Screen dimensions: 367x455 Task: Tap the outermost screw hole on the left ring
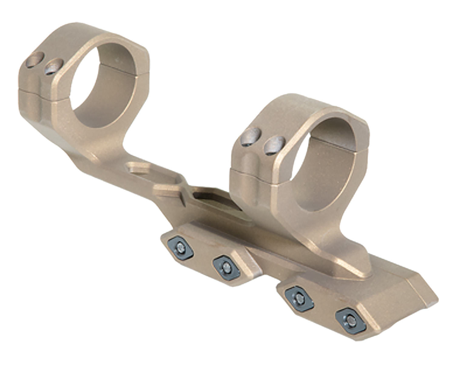pos(34,60)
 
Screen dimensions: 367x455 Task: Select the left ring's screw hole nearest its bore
pos(54,67)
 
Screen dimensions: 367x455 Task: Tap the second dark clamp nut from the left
pos(226,267)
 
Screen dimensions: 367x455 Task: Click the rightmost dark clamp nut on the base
pos(351,321)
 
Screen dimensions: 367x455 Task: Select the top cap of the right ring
pos(303,106)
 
